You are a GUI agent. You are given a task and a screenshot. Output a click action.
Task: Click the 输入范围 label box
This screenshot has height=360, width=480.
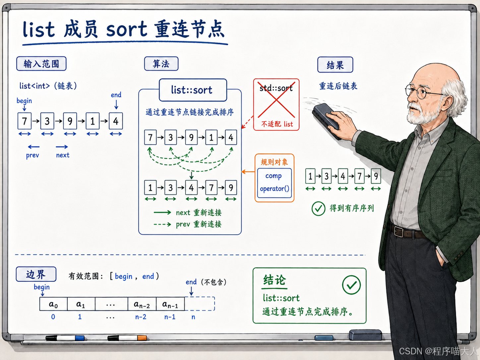(x=41, y=64)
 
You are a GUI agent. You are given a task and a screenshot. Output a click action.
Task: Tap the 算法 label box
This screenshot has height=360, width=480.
(x=161, y=64)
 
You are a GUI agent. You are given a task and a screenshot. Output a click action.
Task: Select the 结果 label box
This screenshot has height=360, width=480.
(x=335, y=65)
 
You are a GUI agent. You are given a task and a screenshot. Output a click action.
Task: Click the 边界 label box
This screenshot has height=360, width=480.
(x=36, y=274)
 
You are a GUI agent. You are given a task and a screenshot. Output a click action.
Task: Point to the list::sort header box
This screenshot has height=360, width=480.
(x=193, y=90)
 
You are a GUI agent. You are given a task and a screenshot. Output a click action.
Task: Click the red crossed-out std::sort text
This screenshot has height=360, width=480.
(x=276, y=88)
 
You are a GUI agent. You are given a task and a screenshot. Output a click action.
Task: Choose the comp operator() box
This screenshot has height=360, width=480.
(x=274, y=183)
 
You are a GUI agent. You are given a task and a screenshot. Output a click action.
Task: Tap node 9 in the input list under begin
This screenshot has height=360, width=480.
(x=70, y=121)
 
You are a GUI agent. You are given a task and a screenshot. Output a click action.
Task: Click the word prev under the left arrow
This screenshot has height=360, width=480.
(x=32, y=155)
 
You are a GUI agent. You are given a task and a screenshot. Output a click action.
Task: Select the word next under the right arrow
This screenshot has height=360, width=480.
(x=63, y=155)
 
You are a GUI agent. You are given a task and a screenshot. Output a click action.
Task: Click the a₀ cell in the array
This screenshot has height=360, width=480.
(x=53, y=304)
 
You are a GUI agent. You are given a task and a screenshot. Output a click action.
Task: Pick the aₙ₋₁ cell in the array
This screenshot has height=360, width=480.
(x=170, y=304)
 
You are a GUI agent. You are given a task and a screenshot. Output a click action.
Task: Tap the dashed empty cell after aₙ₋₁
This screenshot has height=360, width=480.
(x=200, y=304)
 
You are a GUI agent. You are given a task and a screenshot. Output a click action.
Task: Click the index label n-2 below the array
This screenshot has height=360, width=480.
(x=141, y=317)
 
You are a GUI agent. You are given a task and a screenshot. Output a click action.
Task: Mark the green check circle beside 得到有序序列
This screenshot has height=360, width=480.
(x=318, y=209)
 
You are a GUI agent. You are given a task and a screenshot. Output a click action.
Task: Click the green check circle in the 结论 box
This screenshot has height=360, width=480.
(x=351, y=285)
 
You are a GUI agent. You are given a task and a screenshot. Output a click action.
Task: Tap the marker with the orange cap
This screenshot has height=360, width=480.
(x=127, y=338)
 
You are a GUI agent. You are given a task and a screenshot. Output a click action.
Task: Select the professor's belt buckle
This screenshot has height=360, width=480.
(x=399, y=232)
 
